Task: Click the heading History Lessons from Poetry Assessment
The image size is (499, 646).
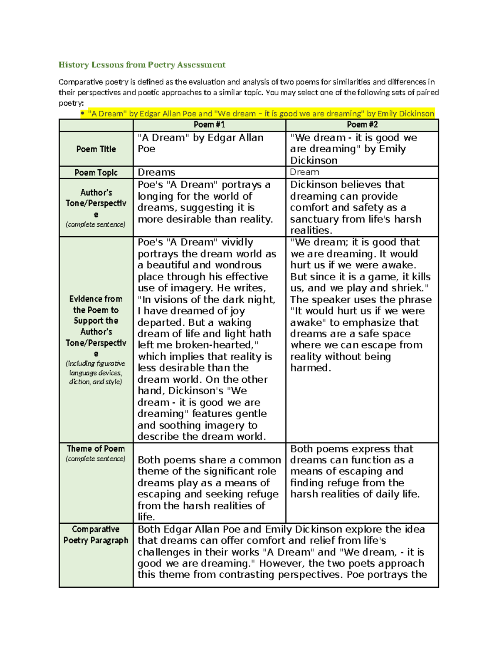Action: point(142,65)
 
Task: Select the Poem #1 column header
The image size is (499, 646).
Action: point(209,125)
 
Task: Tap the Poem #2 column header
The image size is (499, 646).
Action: point(362,125)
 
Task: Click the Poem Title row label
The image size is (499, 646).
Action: point(96,149)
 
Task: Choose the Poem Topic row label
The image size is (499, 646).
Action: point(96,173)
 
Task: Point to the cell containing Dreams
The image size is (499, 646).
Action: point(156,173)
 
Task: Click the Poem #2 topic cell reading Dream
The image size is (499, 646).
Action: point(304,172)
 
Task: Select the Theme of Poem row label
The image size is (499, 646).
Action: point(96,449)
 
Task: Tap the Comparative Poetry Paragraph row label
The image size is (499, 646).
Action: point(96,535)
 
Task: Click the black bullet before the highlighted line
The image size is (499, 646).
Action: point(83,114)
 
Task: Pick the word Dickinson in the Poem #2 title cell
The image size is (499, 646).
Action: point(314,161)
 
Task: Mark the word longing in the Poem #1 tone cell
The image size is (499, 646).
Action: point(156,196)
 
